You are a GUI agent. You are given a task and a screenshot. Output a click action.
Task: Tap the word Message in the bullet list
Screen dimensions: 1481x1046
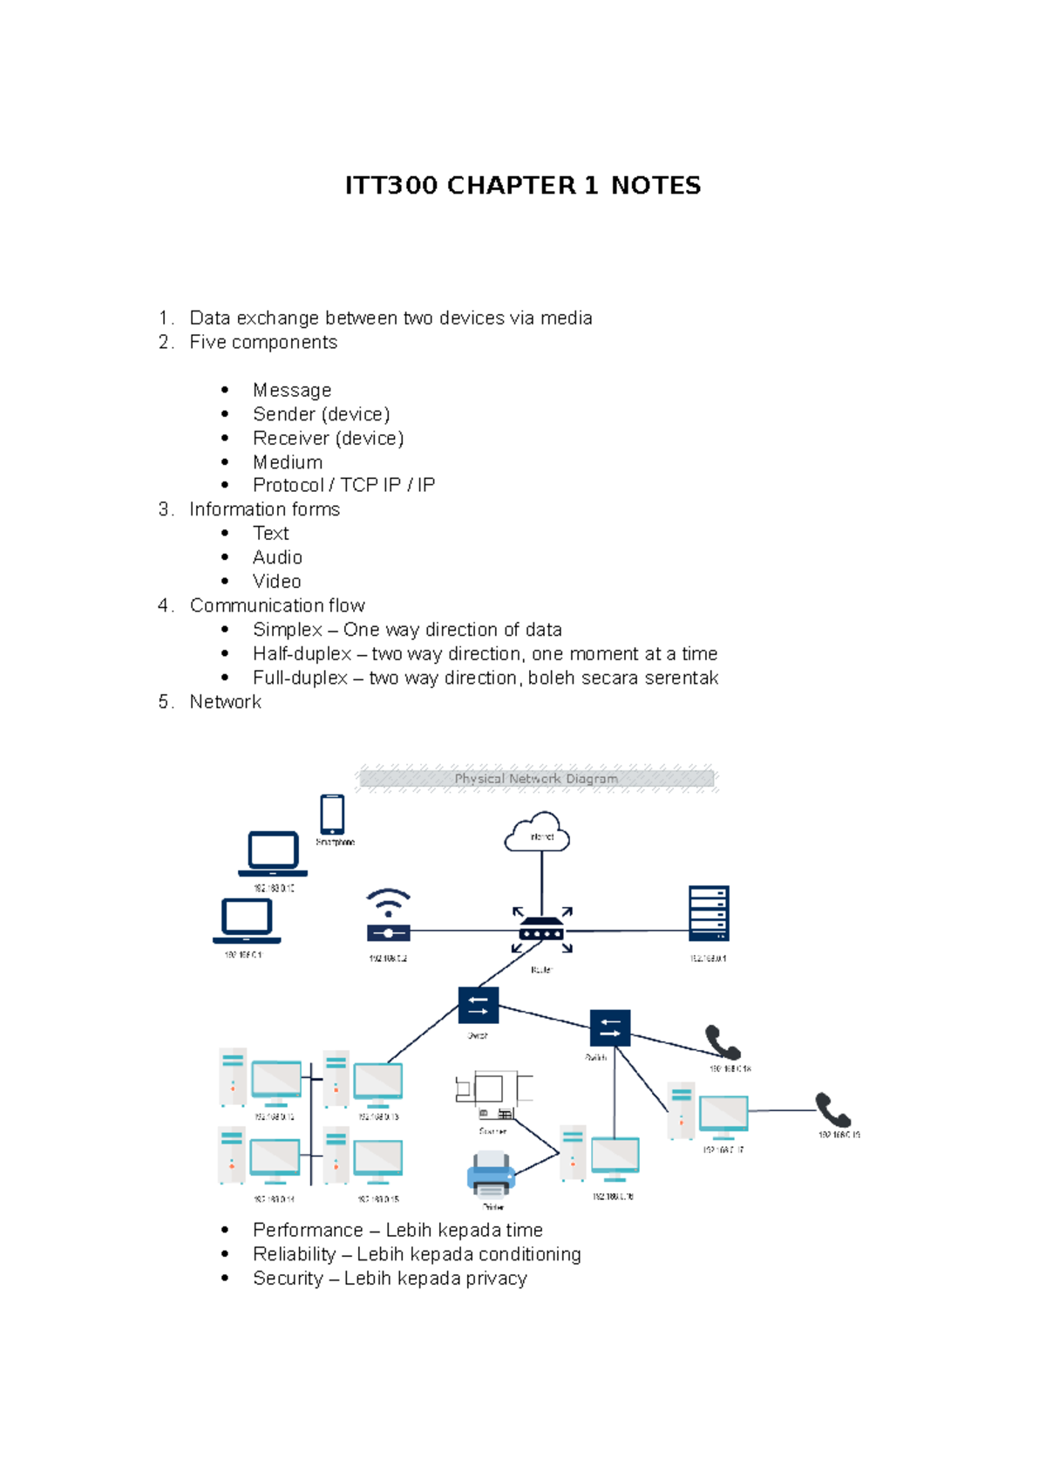291,390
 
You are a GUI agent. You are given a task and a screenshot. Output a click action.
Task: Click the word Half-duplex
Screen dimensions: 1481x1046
302,654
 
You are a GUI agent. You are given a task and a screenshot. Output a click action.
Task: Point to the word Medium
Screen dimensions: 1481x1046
287,462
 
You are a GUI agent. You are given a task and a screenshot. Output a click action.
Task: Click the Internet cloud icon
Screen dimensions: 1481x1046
538,833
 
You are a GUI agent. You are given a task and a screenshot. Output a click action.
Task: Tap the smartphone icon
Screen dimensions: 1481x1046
332,815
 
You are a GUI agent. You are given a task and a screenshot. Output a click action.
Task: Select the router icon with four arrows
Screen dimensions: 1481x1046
541,930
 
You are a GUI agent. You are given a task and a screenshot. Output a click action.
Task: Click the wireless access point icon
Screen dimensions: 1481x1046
388,916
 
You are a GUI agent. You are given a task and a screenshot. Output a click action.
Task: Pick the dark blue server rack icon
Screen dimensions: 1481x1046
708,913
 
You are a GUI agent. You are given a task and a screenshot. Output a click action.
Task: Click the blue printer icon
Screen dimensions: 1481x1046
491,1175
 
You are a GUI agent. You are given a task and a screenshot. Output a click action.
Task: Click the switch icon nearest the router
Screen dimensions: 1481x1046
478,1005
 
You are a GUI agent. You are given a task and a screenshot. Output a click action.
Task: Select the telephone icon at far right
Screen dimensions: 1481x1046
832,1110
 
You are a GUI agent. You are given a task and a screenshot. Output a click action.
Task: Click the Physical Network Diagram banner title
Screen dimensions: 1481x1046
536,779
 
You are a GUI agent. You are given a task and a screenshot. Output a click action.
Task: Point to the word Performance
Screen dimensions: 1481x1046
308,1230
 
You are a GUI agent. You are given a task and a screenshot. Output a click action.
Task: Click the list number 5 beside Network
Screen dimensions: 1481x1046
165,702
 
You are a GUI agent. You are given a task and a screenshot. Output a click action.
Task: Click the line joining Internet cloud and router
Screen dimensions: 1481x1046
541,881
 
